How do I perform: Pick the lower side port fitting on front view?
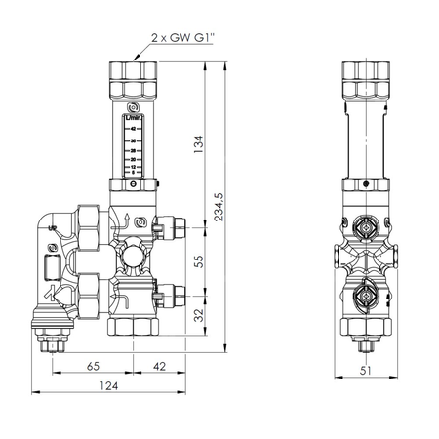click(x=176, y=290)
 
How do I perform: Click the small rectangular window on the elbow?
click(x=49, y=268)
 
